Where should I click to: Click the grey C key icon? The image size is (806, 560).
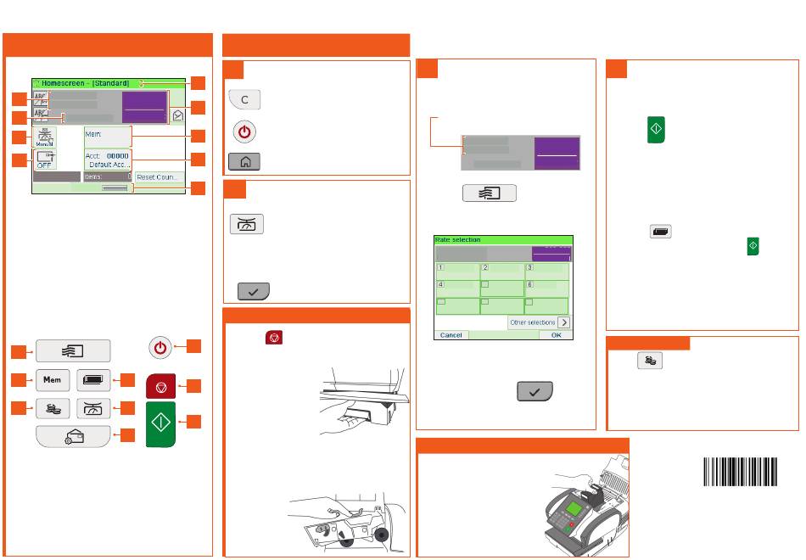click(x=243, y=100)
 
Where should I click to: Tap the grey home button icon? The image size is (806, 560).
click(x=243, y=160)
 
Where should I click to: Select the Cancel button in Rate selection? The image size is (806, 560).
click(x=451, y=335)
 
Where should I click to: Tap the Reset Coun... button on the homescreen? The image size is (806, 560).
click(x=160, y=177)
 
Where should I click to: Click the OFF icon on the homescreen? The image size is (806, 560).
click(x=45, y=160)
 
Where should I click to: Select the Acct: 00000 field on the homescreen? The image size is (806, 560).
click(x=107, y=160)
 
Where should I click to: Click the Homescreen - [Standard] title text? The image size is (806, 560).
click(x=84, y=83)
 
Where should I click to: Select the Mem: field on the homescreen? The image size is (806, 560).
click(x=107, y=136)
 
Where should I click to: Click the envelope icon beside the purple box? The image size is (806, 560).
click(x=178, y=113)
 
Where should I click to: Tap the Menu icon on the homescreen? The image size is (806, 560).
click(x=45, y=137)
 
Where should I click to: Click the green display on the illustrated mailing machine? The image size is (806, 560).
click(x=574, y=513)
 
